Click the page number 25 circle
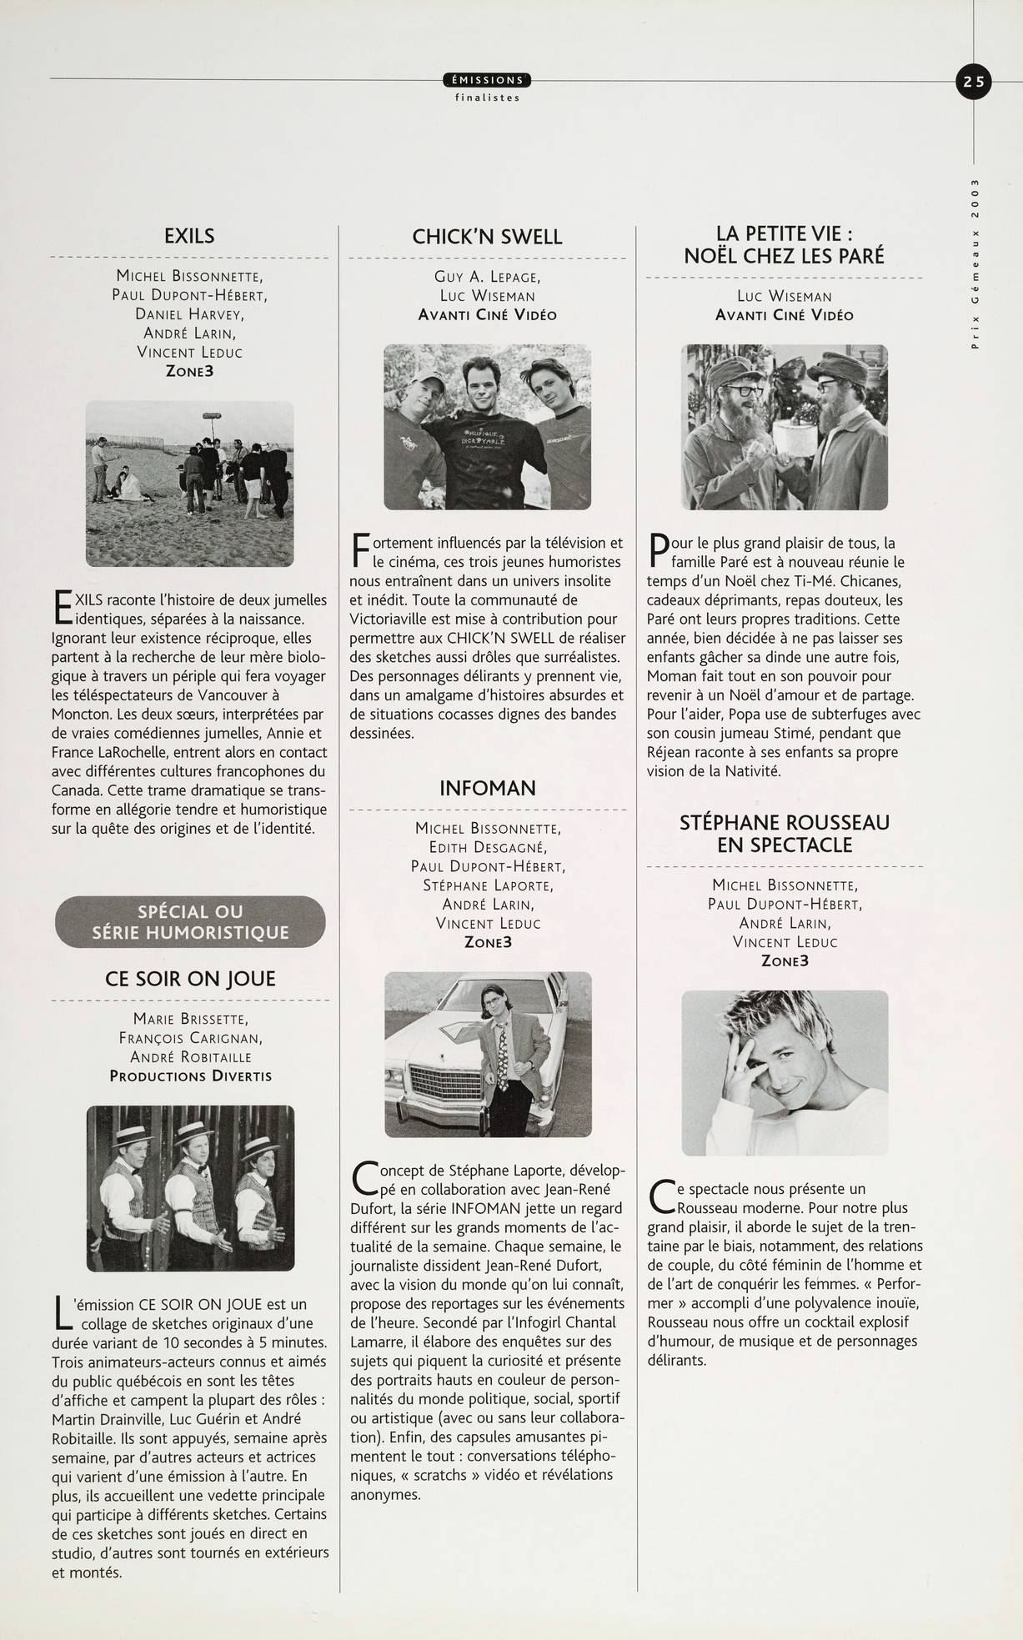tap(974, 82)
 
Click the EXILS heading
tap(189, 236)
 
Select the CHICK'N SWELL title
tap(487, 237)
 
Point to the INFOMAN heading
tap(487, 788)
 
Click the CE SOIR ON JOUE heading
tap(190, 978)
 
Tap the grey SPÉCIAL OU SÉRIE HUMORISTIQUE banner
tap(190, 921)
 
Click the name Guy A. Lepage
tap(487, 277)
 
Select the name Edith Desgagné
tap(488, 847)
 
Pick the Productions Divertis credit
tap(190, 1076)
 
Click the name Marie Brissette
tap(190, 1019)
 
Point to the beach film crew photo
tap(190, 484)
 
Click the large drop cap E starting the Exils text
tap(61, 607)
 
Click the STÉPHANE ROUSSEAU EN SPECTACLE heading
tap(784, 834)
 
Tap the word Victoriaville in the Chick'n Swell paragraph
tap(389, 619)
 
